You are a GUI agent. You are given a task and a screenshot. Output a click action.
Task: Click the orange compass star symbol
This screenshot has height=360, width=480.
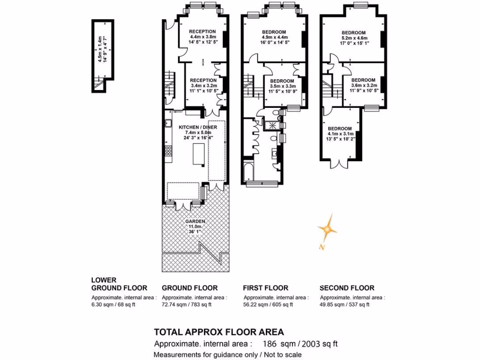coord(327,228)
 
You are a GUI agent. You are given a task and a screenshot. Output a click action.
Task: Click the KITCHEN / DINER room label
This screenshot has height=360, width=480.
coord(198,127)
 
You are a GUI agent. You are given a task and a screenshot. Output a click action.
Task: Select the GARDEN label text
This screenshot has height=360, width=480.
coord(195,221)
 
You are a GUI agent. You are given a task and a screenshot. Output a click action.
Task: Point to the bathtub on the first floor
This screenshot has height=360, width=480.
coord(248,172)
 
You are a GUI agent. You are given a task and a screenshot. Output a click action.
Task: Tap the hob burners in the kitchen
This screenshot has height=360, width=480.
coord(168,150)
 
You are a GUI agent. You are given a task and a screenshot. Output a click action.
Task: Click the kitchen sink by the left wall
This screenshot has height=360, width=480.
coord(168,123)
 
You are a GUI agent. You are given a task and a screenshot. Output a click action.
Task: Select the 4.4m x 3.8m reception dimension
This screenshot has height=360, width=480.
coord(202,37)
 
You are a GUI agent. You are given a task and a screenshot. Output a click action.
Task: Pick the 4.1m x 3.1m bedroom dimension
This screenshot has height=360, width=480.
coord(340,134)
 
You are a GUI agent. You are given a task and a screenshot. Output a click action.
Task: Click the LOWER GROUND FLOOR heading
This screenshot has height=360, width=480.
coord(120,284)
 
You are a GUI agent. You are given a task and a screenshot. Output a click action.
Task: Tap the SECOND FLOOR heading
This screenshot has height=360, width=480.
coord(347,288)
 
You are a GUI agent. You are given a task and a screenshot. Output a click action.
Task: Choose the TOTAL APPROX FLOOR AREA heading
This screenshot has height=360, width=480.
coord(219,332)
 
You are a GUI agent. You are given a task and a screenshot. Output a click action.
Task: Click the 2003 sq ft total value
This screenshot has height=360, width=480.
coord(320,344)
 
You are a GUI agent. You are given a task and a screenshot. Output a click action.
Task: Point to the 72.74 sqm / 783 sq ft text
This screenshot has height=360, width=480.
coord(187,305)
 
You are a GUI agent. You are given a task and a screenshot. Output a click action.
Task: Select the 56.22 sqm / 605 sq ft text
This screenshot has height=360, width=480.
coord(268,305)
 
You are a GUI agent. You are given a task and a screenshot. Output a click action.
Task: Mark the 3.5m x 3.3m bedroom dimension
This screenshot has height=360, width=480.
coord(283,86)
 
